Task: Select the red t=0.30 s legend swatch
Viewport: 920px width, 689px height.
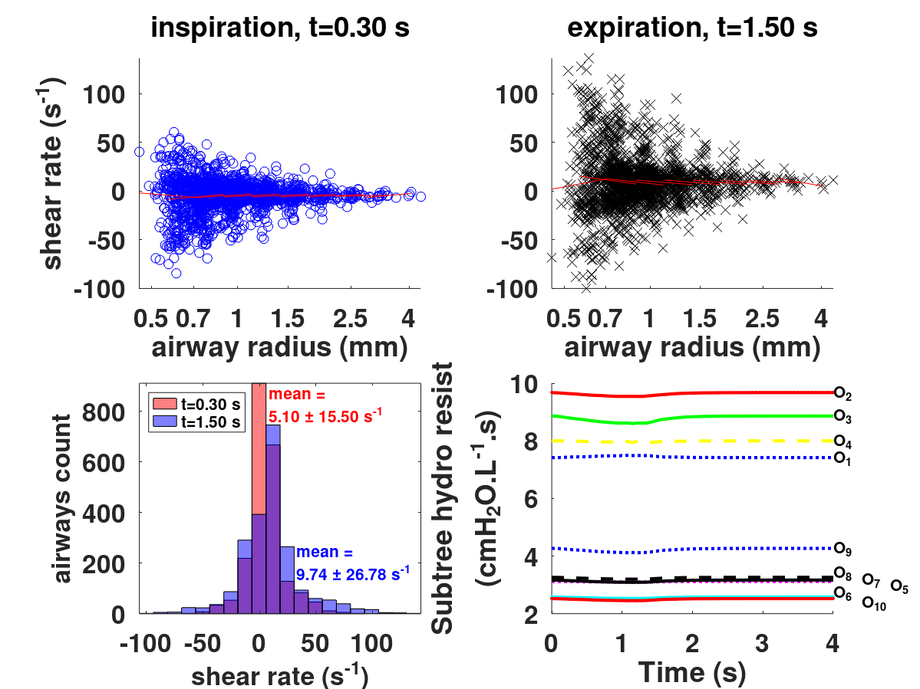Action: click(163, 405)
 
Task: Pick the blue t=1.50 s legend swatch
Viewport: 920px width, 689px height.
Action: click(163, 421)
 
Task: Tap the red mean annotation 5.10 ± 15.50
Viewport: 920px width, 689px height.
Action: click(326, 405)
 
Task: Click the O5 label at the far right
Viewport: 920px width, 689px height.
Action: click(899, 586)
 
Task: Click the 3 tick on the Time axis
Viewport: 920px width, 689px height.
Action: click(762, 641)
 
